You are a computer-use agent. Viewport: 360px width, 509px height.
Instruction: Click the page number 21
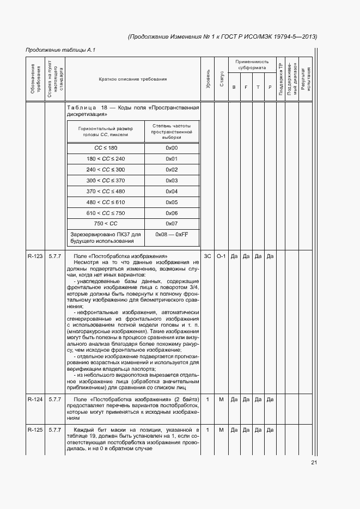coord(314,463)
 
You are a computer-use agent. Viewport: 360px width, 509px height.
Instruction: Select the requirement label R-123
coord(35,256)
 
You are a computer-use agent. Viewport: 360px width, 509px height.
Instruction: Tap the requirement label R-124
coord(35,400)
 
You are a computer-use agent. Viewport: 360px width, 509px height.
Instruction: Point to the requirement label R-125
coord(35,430)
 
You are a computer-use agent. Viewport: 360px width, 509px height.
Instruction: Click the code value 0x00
coord(172,148)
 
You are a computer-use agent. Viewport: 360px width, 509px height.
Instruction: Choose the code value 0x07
coord(172,224)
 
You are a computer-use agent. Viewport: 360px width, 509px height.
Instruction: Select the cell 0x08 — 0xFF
coord(172,235)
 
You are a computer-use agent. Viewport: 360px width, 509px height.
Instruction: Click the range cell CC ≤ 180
coord(106,148)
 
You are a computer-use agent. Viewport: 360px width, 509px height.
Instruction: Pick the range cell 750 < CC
coord(106,224)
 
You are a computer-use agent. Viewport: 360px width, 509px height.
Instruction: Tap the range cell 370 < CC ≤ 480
coord(106,192)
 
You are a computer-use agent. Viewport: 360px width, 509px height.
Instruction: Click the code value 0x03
coord(172,181)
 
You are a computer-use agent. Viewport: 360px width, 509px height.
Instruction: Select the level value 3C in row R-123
coord(208,256)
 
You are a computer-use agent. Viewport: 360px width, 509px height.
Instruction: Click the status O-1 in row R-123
coord(221,256)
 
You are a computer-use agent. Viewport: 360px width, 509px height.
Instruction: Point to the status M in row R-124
coord(221,400)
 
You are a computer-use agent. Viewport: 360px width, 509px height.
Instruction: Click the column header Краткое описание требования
coord(133,79)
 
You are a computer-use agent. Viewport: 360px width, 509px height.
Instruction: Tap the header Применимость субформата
coord(252,65)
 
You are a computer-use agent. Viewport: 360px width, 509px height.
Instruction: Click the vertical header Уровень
coord(208,79)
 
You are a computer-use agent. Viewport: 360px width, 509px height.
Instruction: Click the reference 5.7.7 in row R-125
coord(54,430)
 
